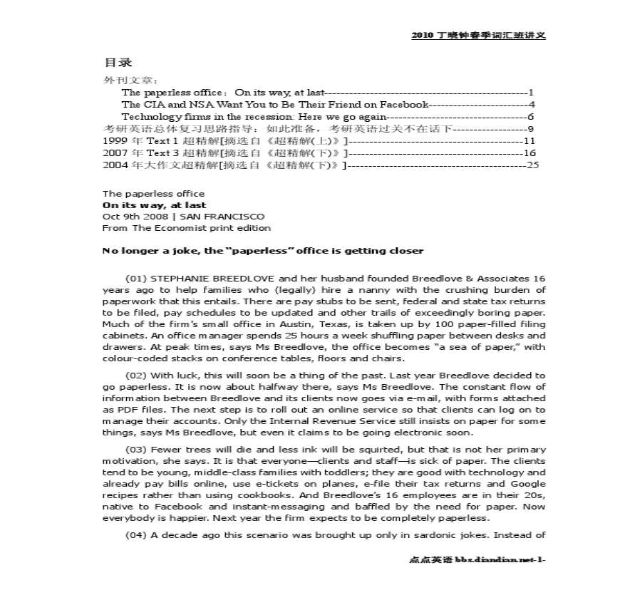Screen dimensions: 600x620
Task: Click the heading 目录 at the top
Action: coord(118,63)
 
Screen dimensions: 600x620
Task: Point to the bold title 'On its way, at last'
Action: coord(155,205)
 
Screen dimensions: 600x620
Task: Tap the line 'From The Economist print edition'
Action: coord(187,228)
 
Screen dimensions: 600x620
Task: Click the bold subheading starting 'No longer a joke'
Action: coord(263,251)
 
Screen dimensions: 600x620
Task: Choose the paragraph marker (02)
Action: coord(137,375)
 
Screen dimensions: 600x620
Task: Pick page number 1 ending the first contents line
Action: coord(531,92)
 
